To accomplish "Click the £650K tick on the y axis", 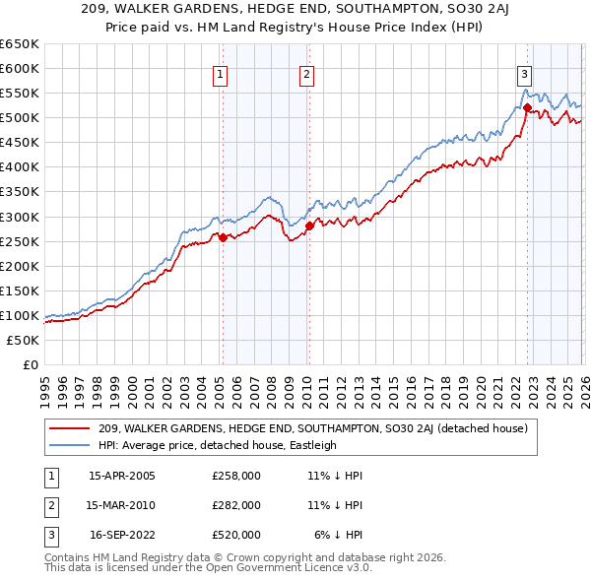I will (x=20, y=44).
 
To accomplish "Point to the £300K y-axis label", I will (x=20, y=217).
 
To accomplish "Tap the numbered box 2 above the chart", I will (x=306, y=73).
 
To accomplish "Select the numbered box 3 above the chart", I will (x=525, y=73).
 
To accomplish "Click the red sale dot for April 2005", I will (x=224, y=237).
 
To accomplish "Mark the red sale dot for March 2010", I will (x=309, y=226).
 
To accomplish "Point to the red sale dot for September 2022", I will (x=527, y=107).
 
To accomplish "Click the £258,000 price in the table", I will (x=236, y=476).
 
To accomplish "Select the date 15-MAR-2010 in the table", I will (x=120, y=505).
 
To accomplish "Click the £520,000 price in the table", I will (x=236, y=535).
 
